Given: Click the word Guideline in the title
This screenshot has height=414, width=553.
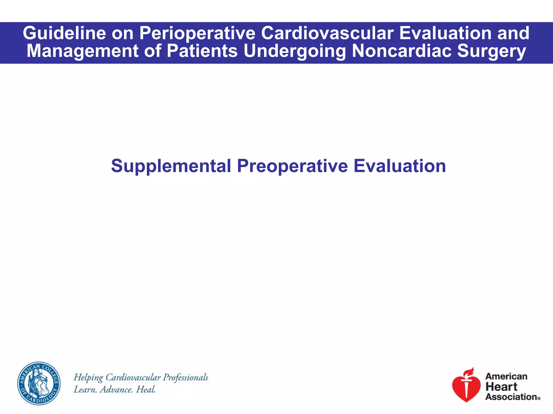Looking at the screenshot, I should (64, 33).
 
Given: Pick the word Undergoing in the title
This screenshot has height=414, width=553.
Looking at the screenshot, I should (295, 51).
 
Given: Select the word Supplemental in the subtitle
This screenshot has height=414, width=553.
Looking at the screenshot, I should (171, 166).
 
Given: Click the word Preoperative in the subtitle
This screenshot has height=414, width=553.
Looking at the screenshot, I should (292, 166).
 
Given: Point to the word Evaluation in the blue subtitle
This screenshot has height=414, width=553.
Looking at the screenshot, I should (400, 166).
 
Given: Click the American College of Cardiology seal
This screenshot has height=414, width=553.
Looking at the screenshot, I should (39, 383).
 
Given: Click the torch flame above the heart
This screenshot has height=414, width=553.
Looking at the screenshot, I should (469, 372).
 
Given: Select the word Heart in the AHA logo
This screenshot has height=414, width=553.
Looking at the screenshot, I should (501, 387).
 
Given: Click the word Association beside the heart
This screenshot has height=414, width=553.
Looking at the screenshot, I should (511, 397).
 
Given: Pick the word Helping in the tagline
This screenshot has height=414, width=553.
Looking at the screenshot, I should (88, 378).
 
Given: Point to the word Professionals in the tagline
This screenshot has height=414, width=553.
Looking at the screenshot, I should (186, 377).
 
